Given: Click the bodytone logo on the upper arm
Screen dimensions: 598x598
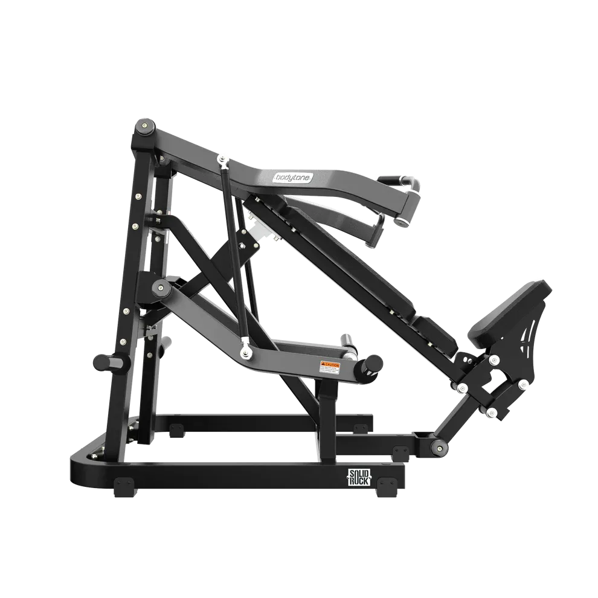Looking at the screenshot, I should point(292,178).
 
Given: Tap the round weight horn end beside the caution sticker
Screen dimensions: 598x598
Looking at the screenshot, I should point(373,363).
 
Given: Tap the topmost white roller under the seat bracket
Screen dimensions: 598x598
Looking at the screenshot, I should point(495,361).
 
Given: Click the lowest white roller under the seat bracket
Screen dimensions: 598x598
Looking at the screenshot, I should point(491,413).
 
